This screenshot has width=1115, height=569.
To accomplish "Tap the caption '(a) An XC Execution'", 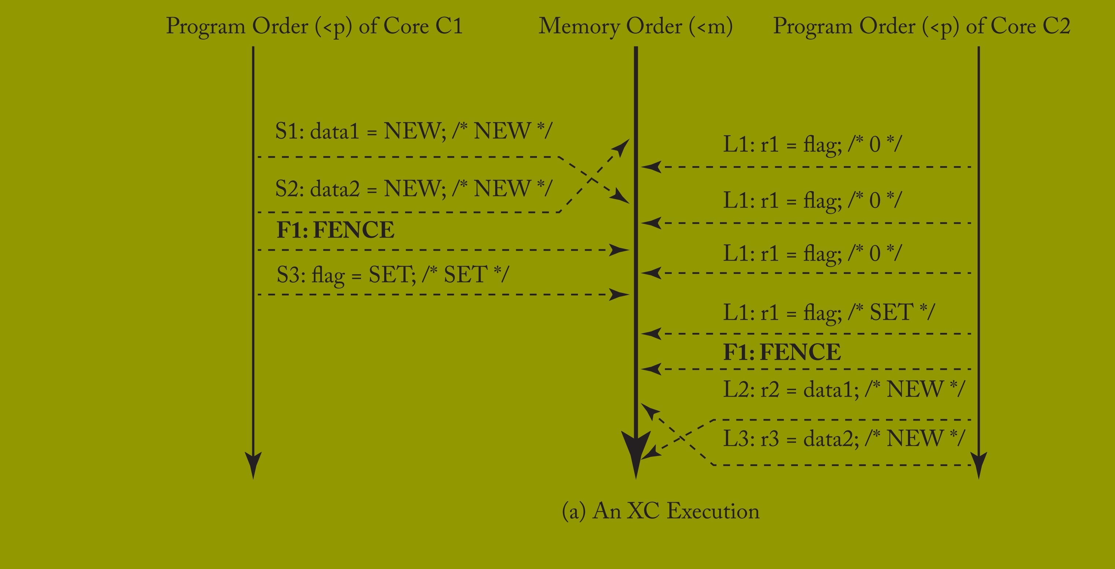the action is click(x=660, y=511).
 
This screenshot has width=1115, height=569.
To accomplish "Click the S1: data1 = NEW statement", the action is click(x=414, y=131).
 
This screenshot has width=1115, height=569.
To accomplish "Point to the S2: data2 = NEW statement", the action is click(x=414, y=189).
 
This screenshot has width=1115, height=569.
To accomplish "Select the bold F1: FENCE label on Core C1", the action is click(x=335, y=230).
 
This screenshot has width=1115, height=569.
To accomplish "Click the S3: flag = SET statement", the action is click(x=393, y=275).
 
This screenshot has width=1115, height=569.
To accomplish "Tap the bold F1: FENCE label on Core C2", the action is click(x=782, y=352).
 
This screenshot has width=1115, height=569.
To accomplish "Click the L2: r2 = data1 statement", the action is click(x=844, y=389).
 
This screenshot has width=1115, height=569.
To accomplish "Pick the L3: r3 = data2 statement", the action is click(x=844, y=438).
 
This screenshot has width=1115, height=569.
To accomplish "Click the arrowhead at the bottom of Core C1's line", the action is click(x=253, y=463).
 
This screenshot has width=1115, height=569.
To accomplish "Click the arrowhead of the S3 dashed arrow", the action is click(x=620, y=295).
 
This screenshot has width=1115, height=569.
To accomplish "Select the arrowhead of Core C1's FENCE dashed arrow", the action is click(x=620, y=250).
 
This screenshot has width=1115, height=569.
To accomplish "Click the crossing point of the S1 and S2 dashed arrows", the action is click(x=591, y=179).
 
